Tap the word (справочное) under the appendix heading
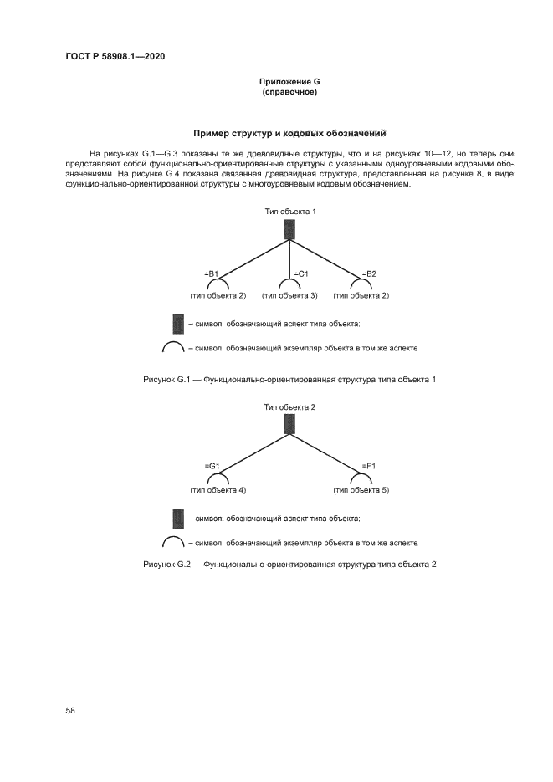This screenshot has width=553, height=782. [289, 92]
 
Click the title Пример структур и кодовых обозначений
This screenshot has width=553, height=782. [289, 133]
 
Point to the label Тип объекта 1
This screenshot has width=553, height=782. [289, 212]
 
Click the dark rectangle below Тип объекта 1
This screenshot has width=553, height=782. [289, 229]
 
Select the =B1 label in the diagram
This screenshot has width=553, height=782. [212, 273]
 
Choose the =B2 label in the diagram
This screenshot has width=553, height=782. [369, 273]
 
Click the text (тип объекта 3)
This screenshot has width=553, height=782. [289, 295]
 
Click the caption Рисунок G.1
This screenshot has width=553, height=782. [289, 380]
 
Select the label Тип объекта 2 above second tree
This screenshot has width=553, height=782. [289, 406]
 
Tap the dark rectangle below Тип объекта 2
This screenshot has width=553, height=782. [289, 424]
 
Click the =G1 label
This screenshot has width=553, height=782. [212, 467]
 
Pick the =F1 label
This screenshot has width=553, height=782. [368, 467]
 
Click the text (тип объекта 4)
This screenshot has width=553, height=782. [218, 489]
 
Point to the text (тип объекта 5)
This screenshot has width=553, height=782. [361, 489]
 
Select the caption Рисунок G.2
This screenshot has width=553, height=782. [289, 565]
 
